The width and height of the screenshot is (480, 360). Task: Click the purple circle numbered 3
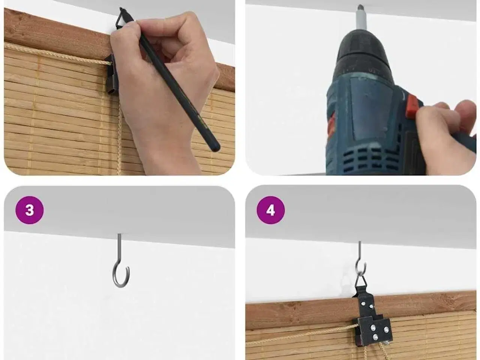click(x=30, y=210)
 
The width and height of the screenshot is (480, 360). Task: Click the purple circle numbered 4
click(x=270, y=210)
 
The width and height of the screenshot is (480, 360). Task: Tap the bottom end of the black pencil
click(x=215, y=147)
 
